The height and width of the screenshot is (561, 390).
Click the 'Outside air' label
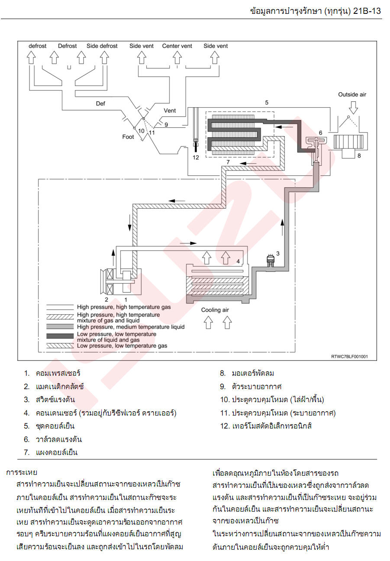pyautogui.click(x=352, y=95)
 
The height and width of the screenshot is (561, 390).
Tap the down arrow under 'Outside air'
pyautogui.click(x=354, y=107)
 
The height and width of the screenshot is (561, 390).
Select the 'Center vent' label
pyautogui.click(x=177, y=46)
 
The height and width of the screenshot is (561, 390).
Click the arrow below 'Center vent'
pyautogui.click(x=177, y=57)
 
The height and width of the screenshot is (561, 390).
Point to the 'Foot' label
pyautogui.click(x=128, y=137)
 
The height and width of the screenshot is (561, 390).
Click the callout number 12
pyautogui.click(x=196, y=157)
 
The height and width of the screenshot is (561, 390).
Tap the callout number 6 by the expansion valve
pyautogui.click(x=320, y=133)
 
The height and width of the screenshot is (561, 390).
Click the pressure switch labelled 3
pyautogui.click(x=271, y=261)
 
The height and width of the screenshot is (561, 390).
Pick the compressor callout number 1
pyautogui.click(x=126, y=300)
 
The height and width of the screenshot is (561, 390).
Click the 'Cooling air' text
pyautogui.click(x=215, y=310)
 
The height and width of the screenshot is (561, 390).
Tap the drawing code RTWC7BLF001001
pyautogui.click(x=349, y=356)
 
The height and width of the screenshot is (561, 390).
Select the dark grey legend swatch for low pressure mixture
pyautogui.click(x=60, y=336)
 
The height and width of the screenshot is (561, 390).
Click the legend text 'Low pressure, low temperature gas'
pyautogui.click(x=122, y=345)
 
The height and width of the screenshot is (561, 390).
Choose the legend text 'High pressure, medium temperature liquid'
pyautogui.click(x=131, y=327)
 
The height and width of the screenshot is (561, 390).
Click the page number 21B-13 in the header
pyautogui.click(x=367, y=11)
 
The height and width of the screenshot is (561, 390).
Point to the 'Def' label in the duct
pyautogui.click(x=100, y=104)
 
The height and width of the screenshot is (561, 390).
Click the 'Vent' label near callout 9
pyautogui.click(x=170, y=111)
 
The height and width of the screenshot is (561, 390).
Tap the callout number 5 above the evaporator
pyautogui.click(x=267, y=103)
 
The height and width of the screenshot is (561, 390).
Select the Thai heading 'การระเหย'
pyautogui.click(x=22, y=473)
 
